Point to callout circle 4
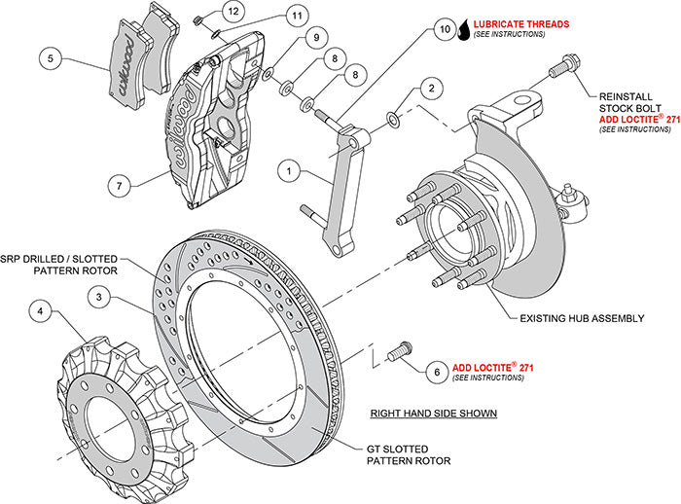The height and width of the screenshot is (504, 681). pyautogui.click(x=40, y=312)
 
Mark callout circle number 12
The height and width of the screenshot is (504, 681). pyautogui.click(x=231, y=12)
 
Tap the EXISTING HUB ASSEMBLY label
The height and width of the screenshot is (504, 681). pyautogui.click(x=595, y=318)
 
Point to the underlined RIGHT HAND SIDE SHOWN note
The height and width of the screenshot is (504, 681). pyautogui.click(x=433, y=414)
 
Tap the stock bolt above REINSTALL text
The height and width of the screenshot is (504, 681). pyautogui.click(x=561, y=69)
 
